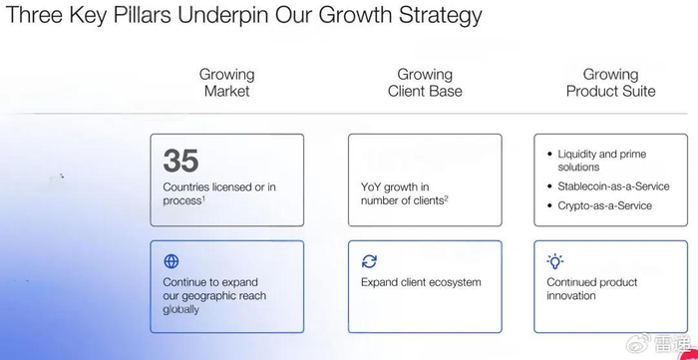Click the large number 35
(x=180, y=161)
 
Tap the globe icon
(x=172, y=261)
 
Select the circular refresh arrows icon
(x=369, y=261)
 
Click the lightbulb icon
(x=554, y=261)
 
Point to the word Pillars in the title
(x=143, y=14)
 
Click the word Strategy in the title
(x=441, y=16)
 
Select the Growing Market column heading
(x=227, y=83)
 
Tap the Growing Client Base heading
(x=425, y=83)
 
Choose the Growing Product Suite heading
(x=610, y=83)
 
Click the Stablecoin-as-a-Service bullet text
(x=613, y=186)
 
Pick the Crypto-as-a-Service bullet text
(x=605, y=205)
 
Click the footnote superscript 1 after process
(x=203, y=198)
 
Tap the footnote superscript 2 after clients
(x=446, y=198)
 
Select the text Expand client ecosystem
(x=421, y=282)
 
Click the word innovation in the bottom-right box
(x=571, y=296)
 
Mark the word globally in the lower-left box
(x=180, y=310)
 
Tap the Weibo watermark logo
(x=638, y=343)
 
